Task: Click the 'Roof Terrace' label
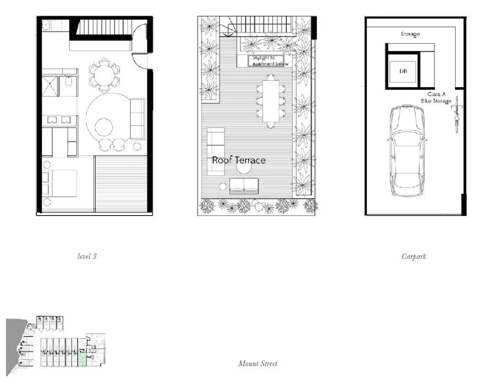point(239,160)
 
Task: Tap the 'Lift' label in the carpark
point(403,71)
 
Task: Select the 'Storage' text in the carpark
point(410,34)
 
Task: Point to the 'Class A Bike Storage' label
point(436,98)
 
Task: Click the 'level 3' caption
point(87,256)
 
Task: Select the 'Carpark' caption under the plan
point(414,256)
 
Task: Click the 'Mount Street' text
point(257,363)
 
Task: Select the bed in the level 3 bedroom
point(60,183)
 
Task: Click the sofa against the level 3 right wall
point(138,119)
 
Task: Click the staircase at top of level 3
point(103,27)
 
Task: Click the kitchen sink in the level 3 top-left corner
point(46,25)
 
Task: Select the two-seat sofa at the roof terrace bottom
point(244,186)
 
